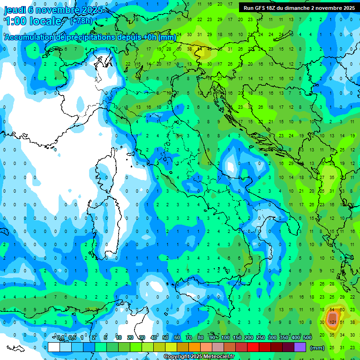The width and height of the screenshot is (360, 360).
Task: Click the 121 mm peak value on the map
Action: click(x=333, y=322)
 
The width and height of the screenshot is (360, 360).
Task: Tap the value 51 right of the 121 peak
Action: click(x=343, y=322)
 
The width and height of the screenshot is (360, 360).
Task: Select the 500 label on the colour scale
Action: click(x=307, y=337)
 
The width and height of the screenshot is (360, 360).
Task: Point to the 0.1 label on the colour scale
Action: click(x=60, y=337)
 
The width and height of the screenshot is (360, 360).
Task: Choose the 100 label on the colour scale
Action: click(x=225, y=337)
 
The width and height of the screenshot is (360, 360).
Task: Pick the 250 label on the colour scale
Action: click(x=261, y=337)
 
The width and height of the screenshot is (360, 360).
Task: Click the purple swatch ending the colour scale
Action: click(x=300, y=347)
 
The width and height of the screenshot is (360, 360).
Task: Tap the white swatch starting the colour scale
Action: click(x=53, y=347)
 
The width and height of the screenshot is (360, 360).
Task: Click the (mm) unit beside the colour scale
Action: click(x=318, y=348)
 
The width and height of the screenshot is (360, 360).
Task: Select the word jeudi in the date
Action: click(x=15, y=9)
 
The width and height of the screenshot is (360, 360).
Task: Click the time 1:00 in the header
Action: click(x=15, y=21)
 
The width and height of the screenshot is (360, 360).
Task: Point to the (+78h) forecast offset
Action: click(x=81, y=21)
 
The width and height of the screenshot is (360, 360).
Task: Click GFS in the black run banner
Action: click(x=261, y=8)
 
